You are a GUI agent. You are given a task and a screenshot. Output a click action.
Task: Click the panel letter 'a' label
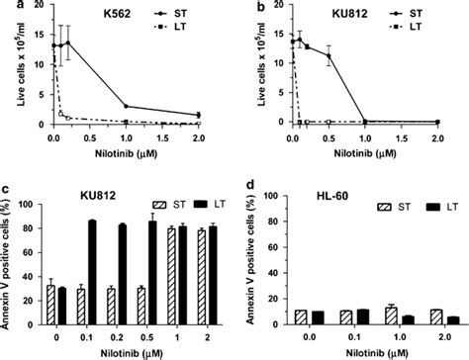point(6,8)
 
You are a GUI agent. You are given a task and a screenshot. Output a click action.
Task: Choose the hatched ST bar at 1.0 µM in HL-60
point(376,316)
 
